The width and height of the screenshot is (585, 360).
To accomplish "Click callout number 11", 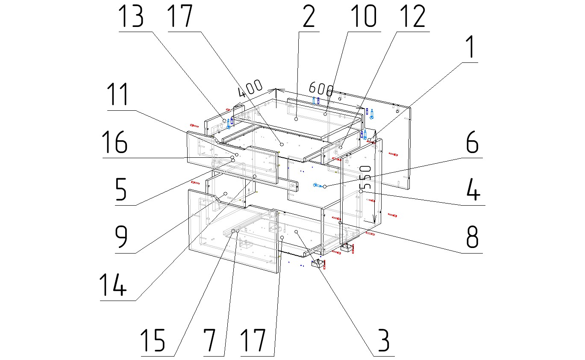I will coord(118,95).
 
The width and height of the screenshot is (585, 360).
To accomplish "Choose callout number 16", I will coord(115,143).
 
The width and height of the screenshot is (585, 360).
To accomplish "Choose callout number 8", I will coord(472,237).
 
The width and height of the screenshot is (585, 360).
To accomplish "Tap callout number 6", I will coord(472,143).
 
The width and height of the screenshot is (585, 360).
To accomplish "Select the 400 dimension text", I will coord(250,89).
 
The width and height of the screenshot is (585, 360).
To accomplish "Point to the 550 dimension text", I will coord(365,177).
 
